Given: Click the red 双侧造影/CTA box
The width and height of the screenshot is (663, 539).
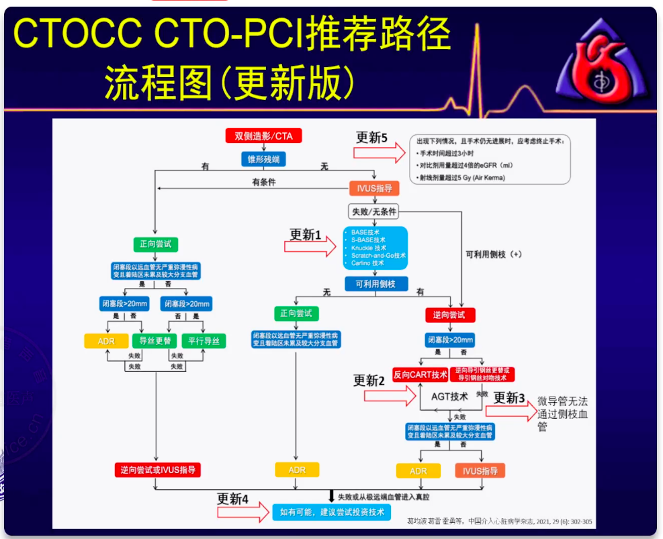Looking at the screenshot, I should pyautogui.click(x=263, y=136).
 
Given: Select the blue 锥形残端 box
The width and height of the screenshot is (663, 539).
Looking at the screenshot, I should pyautogui.click(x=263, y=159).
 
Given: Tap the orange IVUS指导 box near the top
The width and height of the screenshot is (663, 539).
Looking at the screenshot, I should pyautogui.click(x=374, y=188).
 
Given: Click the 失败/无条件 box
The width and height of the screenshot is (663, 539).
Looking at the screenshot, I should pyautogui.click(x=374, y=212).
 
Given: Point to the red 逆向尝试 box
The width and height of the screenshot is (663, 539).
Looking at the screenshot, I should pyautogui.click(x=449, y=314).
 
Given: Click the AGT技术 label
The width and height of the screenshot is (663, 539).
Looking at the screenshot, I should pyautogui.click(x=449, y=397).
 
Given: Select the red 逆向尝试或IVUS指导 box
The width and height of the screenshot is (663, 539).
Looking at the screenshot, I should pyautogui.click(x=158, y=470).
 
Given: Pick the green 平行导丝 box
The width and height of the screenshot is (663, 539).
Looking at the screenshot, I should pyautogui.click(x=204, y=341).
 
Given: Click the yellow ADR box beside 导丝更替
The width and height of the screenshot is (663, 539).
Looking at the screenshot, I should pyautogui.click(x=106, y=341).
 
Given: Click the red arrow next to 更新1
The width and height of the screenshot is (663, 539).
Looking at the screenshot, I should pyautogui.click(x=310, y=248).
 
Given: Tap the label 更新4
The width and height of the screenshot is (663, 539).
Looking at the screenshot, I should pyautogui.click(x=232, y=499).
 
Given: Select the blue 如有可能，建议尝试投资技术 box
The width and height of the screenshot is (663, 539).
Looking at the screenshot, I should pyautogui.click(x=332, y=513).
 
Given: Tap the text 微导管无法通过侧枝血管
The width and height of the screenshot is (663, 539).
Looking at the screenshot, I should pyautogui.click(x=563, y=413).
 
